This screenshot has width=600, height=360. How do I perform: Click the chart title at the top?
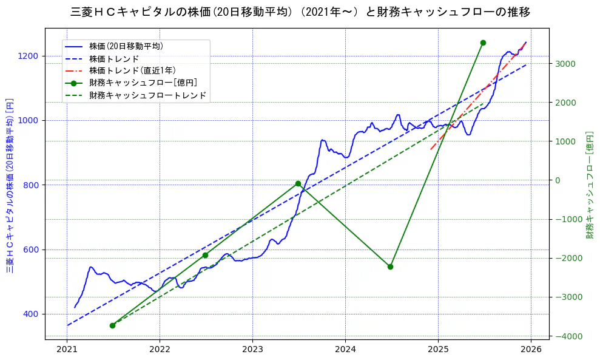click(300, 12)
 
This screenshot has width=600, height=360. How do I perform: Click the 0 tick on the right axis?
click(556, 180)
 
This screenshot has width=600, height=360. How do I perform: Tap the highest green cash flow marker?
click(483, 42)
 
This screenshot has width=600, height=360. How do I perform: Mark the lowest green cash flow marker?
click(112, 325)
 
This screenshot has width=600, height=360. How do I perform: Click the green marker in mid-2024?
click(390, 267)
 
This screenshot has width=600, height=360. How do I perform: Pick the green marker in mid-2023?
click(298, 183)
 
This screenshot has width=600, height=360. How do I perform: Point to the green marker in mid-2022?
click(205, 255)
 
